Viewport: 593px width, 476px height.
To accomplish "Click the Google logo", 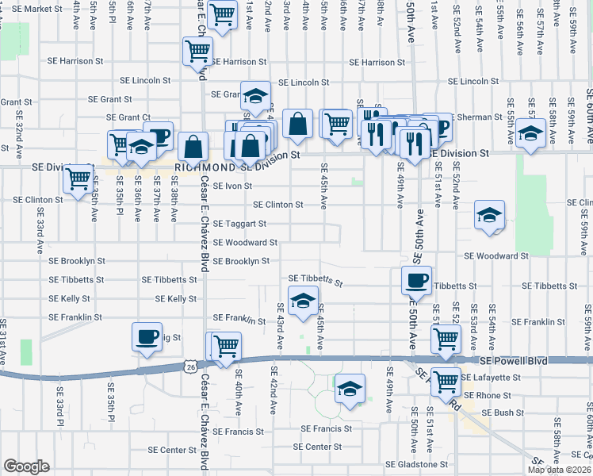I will coord(26,466).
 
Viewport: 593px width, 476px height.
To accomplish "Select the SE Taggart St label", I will coord(239,224).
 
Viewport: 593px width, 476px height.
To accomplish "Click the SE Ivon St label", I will coord(228,186).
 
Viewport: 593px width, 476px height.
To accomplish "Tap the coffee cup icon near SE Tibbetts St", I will coord(416,280).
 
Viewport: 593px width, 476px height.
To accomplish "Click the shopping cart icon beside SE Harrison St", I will coord(197,52).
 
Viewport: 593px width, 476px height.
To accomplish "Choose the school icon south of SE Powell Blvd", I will coord(349,389).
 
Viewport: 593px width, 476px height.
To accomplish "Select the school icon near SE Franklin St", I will coord(302,301).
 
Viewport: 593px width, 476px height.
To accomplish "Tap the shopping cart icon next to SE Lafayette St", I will coord(446,380).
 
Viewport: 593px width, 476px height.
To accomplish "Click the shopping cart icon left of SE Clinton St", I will coord(78,178).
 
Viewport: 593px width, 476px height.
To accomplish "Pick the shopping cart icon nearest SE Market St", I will coord(224,13).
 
